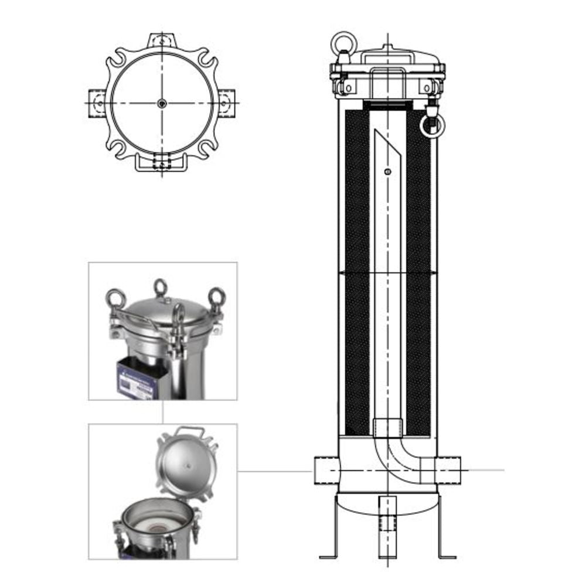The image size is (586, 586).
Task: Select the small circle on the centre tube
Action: pos(386,171)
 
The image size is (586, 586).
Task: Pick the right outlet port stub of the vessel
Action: pos(449,470)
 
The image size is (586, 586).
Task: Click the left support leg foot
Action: pos(328,556)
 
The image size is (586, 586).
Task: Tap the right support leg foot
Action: pos(447,556)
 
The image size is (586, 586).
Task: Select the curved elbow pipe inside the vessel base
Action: pos(398,460)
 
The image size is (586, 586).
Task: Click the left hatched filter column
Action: pos(357,270)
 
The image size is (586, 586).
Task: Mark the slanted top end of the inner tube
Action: pos(387,146)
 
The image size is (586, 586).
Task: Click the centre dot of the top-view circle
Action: pos(162,103)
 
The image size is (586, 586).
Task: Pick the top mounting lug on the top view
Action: pos(162,40)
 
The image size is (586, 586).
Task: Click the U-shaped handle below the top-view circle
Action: pos(162,166)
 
